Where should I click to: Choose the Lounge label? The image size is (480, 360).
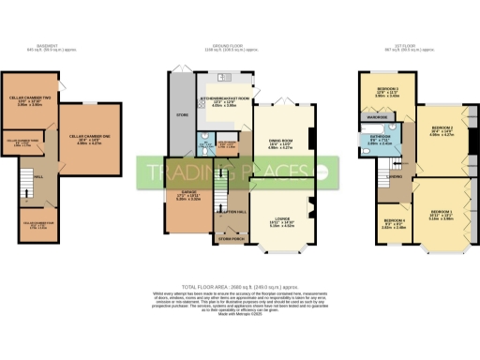point(283,220)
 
